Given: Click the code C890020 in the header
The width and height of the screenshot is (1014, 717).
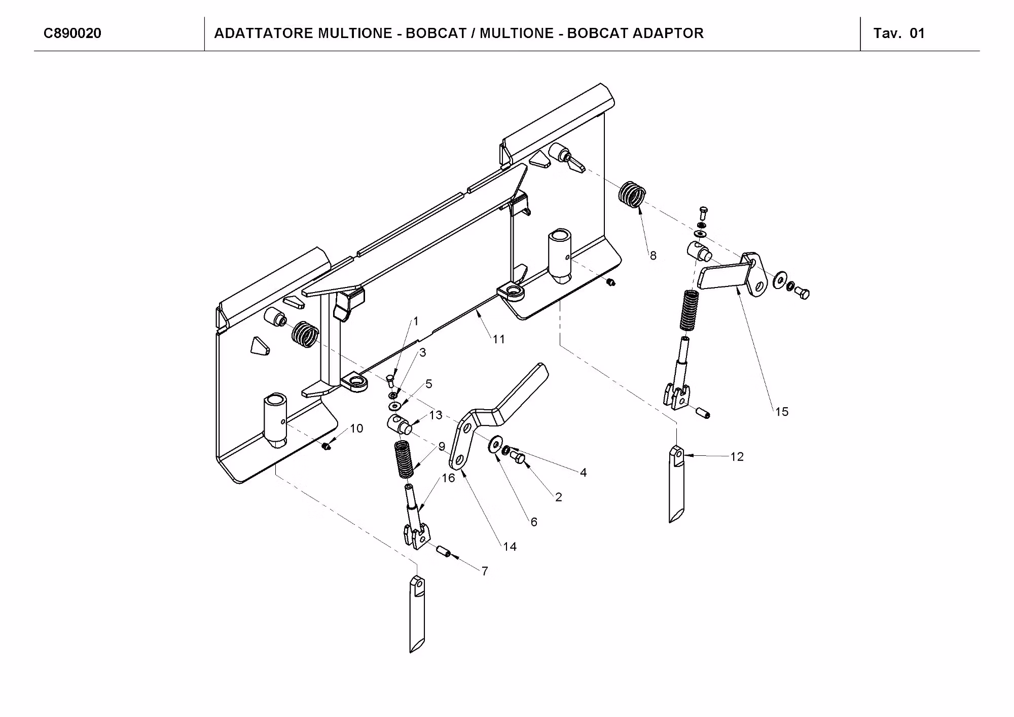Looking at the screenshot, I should pyautogui.click(x=73, y=33).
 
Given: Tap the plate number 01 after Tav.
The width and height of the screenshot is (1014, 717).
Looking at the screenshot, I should pyautogui.click(x=917, y=33).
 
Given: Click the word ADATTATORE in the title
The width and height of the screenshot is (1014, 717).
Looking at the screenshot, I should pyautogui.click(x=264, y=33).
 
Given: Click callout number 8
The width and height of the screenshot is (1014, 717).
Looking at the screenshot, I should pyautogui.click(x=653, y=256).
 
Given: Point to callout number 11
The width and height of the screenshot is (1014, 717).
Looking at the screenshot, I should pyautogui.click(x=499, y=340).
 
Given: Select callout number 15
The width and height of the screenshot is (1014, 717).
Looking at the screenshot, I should pyautogui.click(x=782, y=412).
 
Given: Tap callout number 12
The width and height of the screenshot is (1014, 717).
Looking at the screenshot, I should pyautogui.click(x=737, y=457).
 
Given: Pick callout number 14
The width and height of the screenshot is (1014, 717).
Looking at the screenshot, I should pyautogui.click(x=510, y=547).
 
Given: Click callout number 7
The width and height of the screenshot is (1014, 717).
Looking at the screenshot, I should pyautogui.click(x=485, y=571).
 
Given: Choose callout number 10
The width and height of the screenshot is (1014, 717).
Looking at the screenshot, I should pyautogui.click(x=356, y=428).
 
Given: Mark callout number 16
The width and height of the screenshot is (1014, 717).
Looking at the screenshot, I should pyautogui.click(x=448, y=478).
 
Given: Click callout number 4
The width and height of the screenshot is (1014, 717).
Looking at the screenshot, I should pyautogui.click(x=583, y=473).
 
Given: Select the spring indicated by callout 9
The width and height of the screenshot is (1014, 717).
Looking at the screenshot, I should pyautogui.click(x=404, y=459).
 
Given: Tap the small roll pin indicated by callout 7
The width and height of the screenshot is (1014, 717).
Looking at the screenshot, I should pyautogui.click(x=445, y=552).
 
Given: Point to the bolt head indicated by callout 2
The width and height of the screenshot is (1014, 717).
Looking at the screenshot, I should pyautogui.click(x=519, y=458).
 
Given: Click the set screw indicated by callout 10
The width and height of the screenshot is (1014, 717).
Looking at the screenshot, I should pyautogui.click(x=327, y=446).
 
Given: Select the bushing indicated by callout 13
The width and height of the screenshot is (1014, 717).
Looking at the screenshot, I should pyautogui.click(x=400, y=423).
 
